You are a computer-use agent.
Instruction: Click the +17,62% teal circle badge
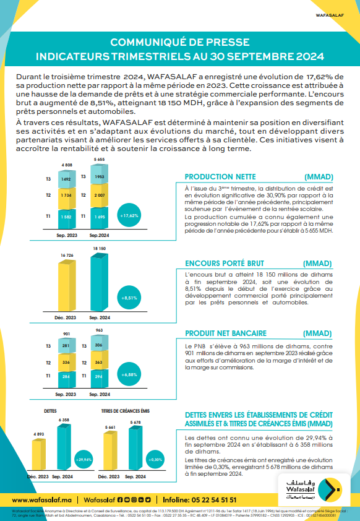(x=129, y=215)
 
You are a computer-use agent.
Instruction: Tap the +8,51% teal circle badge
(x=129, y=297)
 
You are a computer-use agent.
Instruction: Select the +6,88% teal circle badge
(x=129, y=374)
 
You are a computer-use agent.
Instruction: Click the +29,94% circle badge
(x=82, y=460)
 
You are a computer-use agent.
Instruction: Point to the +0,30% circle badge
(x=155, y=460)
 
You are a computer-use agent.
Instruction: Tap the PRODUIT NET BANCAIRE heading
(x=225, y=332)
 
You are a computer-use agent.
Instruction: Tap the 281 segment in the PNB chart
(x=66, y=347)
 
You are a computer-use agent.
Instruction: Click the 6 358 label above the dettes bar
(x=64, y=420)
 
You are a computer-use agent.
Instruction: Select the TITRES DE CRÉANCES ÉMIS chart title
(x=126, y=410)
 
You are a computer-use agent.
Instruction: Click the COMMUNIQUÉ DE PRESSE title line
(x=179, y=42)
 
